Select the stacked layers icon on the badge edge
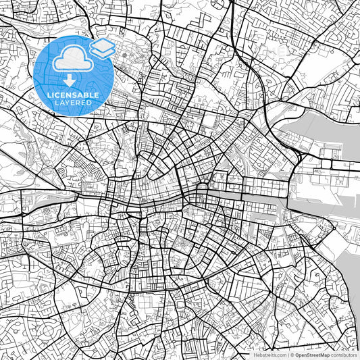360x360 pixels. click(x=102, y=48)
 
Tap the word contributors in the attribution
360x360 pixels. click(x=344, y=355)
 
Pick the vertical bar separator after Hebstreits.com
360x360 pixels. click(x=288, y=355)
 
